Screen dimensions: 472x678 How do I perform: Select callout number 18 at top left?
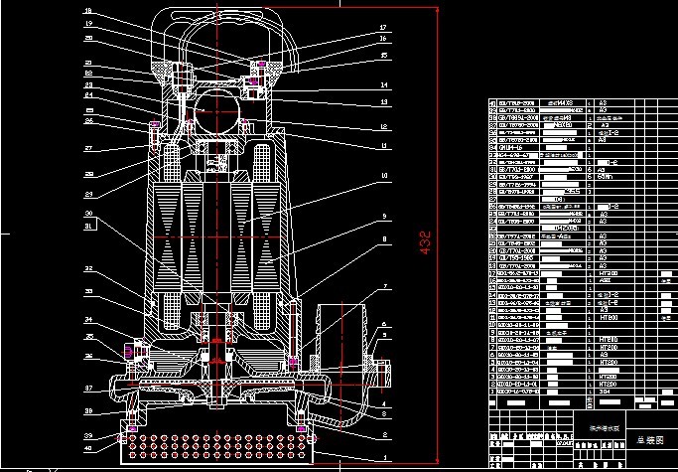[x=88, y=10]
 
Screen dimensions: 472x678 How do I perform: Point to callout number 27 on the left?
[x=88, y=148]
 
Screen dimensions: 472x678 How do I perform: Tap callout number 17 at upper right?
[x=382, y=27]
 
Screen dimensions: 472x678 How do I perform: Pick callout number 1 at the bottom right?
[x=382, y=458]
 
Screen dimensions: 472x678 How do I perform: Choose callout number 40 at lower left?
[x=88, y=447]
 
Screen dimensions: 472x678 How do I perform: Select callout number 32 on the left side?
[x=88, y=268]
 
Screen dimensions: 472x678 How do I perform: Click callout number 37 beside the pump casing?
[x=88, y=388]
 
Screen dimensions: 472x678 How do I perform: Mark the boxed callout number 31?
[x=88, y=227]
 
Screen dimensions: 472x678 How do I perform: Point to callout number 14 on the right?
[x=382, y=85]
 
